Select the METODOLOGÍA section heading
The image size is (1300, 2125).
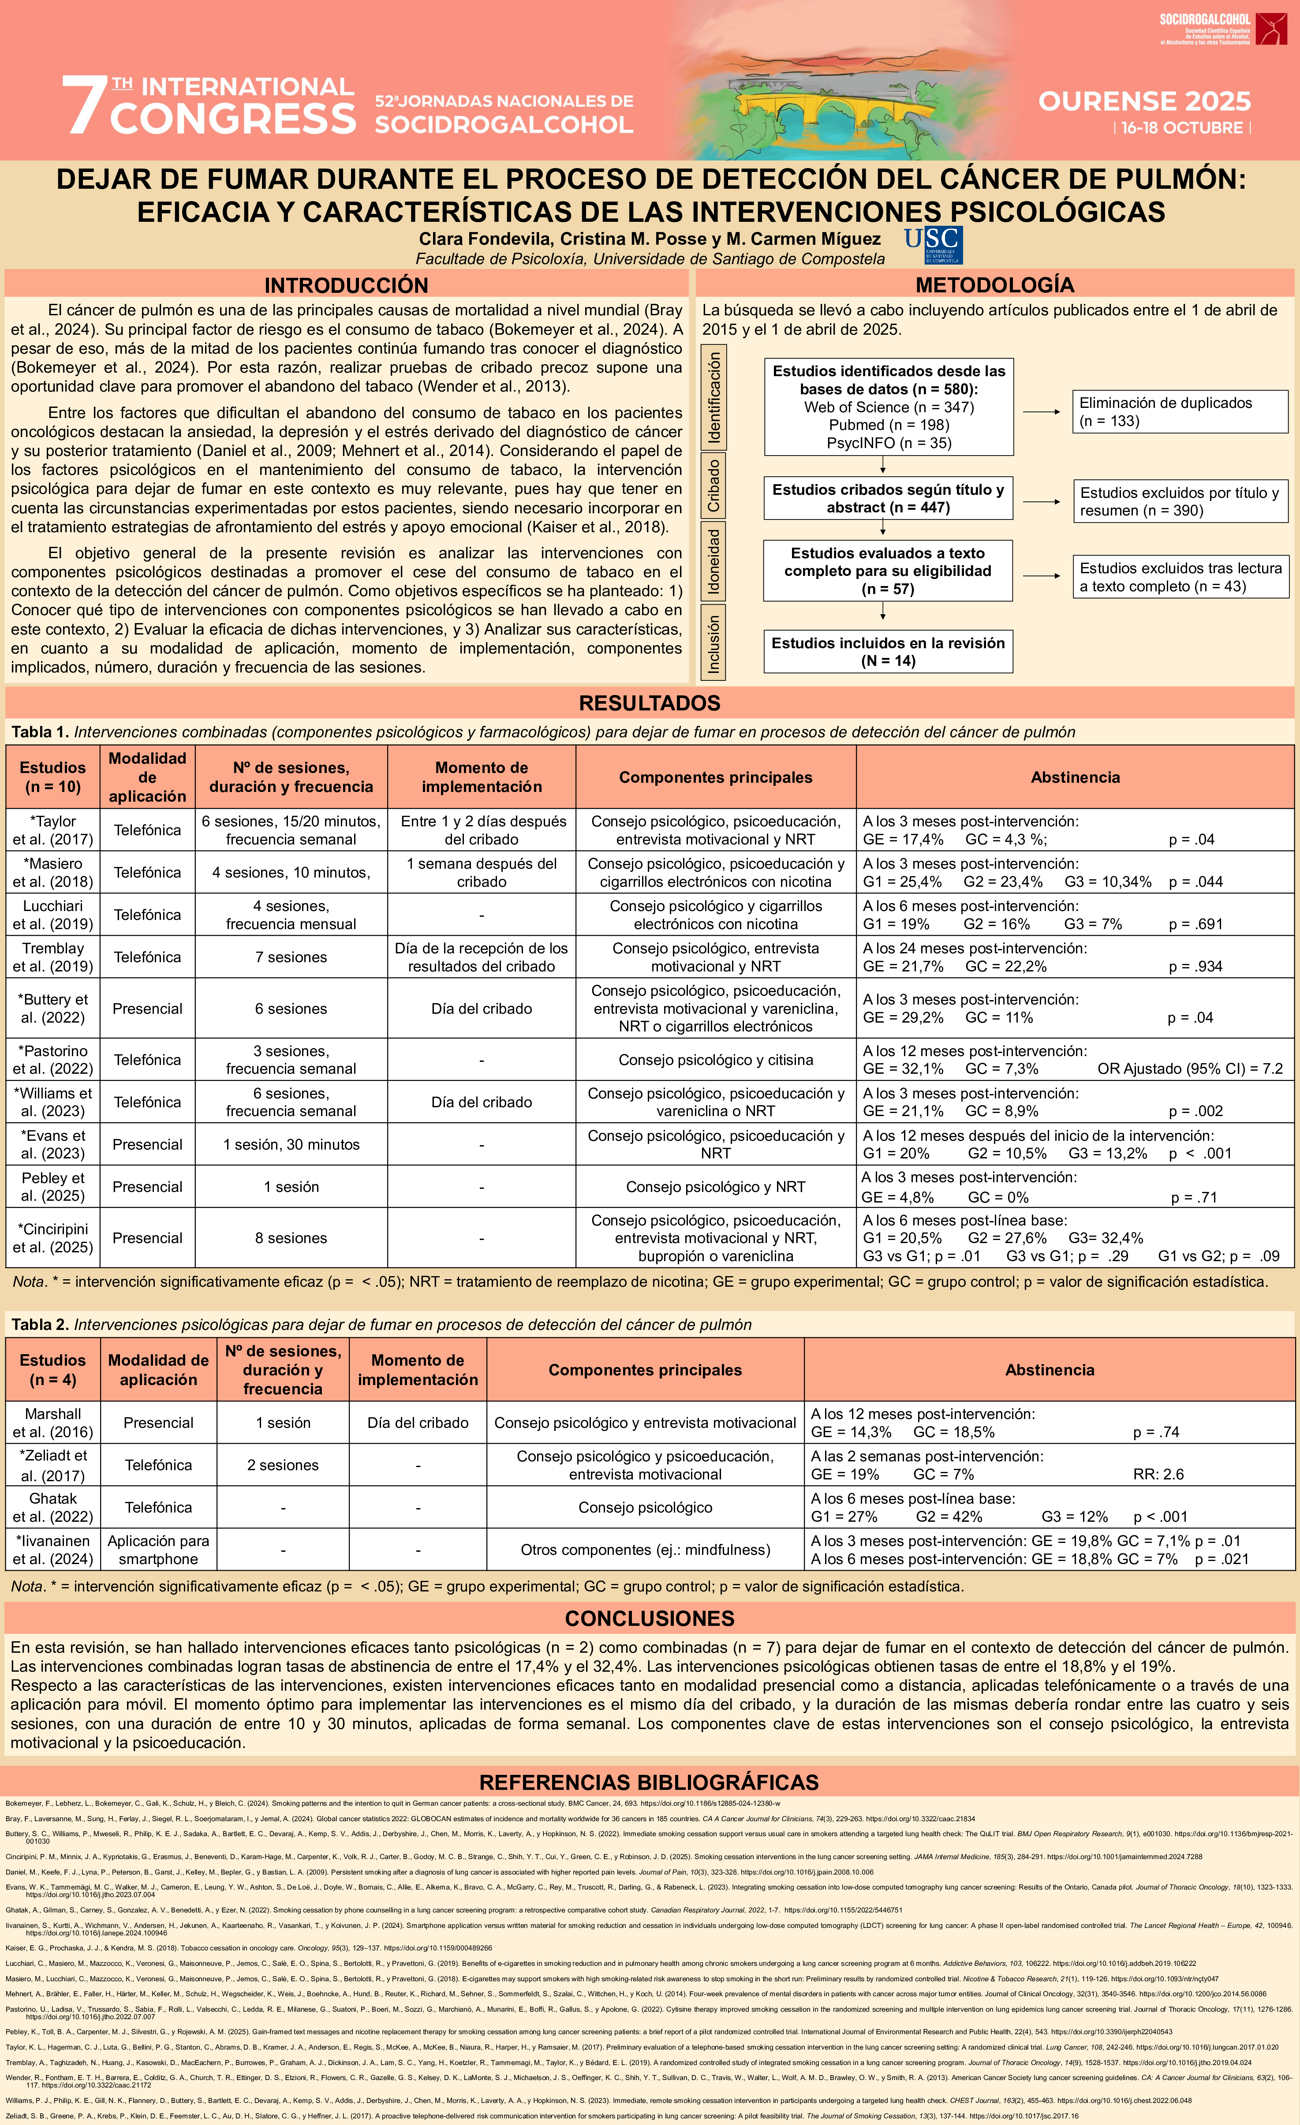995,285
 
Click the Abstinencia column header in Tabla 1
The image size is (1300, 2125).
1075,777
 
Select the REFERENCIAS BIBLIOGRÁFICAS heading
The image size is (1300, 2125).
650,1782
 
